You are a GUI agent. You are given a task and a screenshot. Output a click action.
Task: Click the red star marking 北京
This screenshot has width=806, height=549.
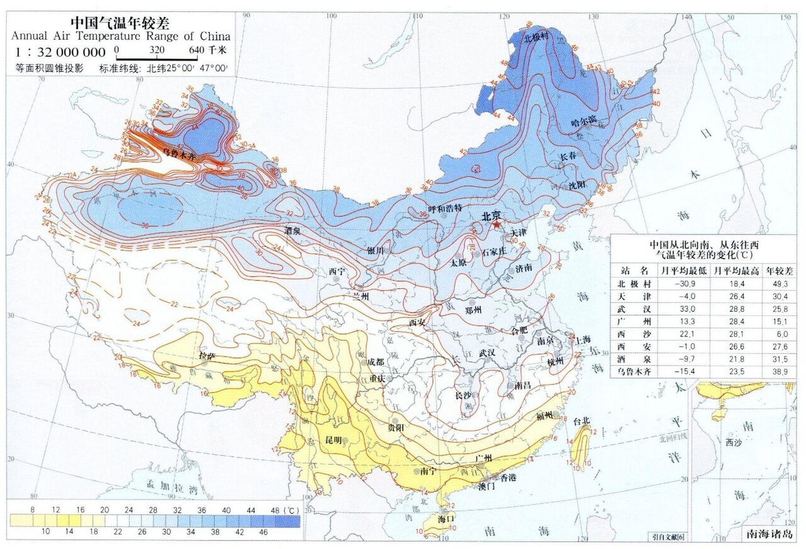497,225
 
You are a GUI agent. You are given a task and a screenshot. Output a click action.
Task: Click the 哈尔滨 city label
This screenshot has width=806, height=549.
583,122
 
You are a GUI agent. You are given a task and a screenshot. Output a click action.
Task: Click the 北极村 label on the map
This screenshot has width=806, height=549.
536,37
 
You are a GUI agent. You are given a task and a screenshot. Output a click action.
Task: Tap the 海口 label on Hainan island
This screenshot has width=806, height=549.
446,519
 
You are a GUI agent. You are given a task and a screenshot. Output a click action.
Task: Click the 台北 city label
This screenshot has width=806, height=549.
582,422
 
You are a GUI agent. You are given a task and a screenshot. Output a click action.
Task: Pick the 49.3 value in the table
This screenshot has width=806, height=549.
780,284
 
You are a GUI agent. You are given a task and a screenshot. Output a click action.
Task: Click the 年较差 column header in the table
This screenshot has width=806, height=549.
780,271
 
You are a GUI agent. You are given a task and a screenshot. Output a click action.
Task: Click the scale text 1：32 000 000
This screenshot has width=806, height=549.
60,52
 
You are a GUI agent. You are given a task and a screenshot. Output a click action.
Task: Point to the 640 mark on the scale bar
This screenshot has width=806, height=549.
196,50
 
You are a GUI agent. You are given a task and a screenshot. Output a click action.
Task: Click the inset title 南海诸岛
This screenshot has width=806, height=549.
769,534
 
